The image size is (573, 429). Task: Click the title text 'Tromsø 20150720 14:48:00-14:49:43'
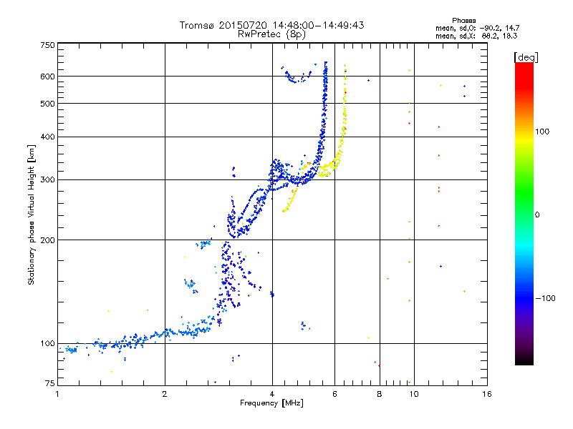pos(271,25)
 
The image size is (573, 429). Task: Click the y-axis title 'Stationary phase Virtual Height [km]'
pos(32,214)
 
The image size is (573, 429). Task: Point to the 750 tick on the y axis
pos(48,45)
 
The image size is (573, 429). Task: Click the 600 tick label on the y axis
pos(48,77)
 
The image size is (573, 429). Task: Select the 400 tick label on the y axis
pos(48,137)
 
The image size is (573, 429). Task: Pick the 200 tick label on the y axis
pos(48,240)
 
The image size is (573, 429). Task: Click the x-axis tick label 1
pos(57,394)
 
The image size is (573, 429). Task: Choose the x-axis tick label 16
pos(486,394)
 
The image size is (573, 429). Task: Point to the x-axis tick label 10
pos(413,394)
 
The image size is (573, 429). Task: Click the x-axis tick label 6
pos(335,394)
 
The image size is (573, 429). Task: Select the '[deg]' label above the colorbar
pos(526,56)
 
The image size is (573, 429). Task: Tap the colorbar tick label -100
pos(546,298)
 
